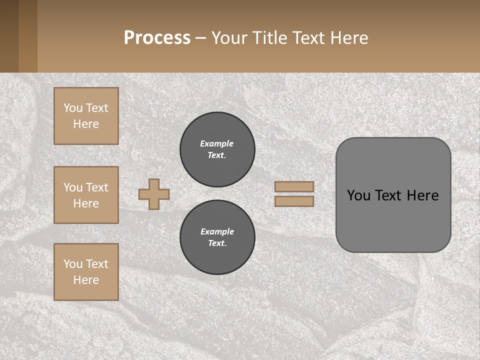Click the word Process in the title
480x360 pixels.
[x=157, y=38]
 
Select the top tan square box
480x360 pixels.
[x=86, y=116]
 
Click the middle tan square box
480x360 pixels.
[x=86, y=195]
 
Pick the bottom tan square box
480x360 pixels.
[x=86, y=272]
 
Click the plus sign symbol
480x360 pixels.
[x=154, y=194]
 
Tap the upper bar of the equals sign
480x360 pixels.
[x=294, y=186]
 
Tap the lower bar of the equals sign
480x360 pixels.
[x=294, y=201]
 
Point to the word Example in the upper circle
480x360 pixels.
[x=216, y=143]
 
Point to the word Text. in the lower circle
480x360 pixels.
[x=217, y=243]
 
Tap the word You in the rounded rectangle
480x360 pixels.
[x=359, y=195]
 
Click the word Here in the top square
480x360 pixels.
[x=86, y=124]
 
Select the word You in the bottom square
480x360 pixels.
[x=73, y=264]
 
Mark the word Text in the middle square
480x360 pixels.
[x=96, y=187]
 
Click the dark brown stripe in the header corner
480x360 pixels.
[x=9, y=36]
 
